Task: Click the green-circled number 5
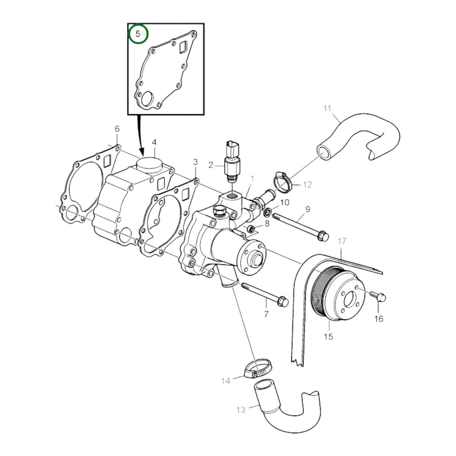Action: pyautogui.click(x=138, y=34)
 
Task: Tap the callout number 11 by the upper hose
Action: pyautogui.click(x=327, y=109)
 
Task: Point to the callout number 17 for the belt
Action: pyautogui.click(x=342, y=241)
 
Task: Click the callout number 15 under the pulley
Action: pyautogui.click(x=328, y=336)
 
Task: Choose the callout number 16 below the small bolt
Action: pyautogui.click(x=379, y=319)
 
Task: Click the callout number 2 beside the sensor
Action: pyautogui.click(x=211, y=165)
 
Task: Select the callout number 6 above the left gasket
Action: pyautogui.click(x=117, y=129)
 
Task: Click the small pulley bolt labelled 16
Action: pyautogui.click(x=378, y=296)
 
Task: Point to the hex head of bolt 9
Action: pyautogui.click(x=323, y=236)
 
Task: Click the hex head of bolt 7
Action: pyautogui.click(x=283, y=301)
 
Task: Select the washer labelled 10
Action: pyautogui.click(x=268, y=212)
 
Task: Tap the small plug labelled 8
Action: pyautogui.click(x=251, y=229)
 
